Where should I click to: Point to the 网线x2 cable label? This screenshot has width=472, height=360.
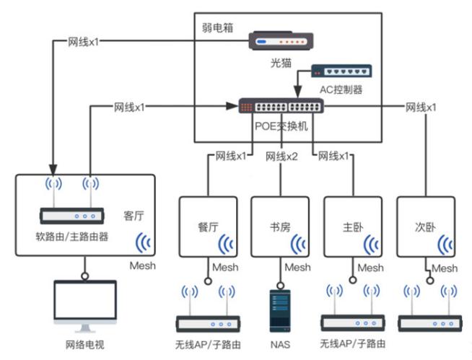pos(281,156)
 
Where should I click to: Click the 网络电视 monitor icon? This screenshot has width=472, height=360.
pos(84,307)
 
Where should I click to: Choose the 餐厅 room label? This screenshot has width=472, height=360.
pos(209,226)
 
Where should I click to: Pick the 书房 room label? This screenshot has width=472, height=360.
pos(279,226)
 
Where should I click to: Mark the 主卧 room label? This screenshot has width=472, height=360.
pos(353,226)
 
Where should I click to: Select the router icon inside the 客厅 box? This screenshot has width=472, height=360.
pos(74,215)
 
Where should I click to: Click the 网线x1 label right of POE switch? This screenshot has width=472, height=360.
pos(420,107)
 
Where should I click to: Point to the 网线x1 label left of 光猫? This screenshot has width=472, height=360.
pos(83,41)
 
